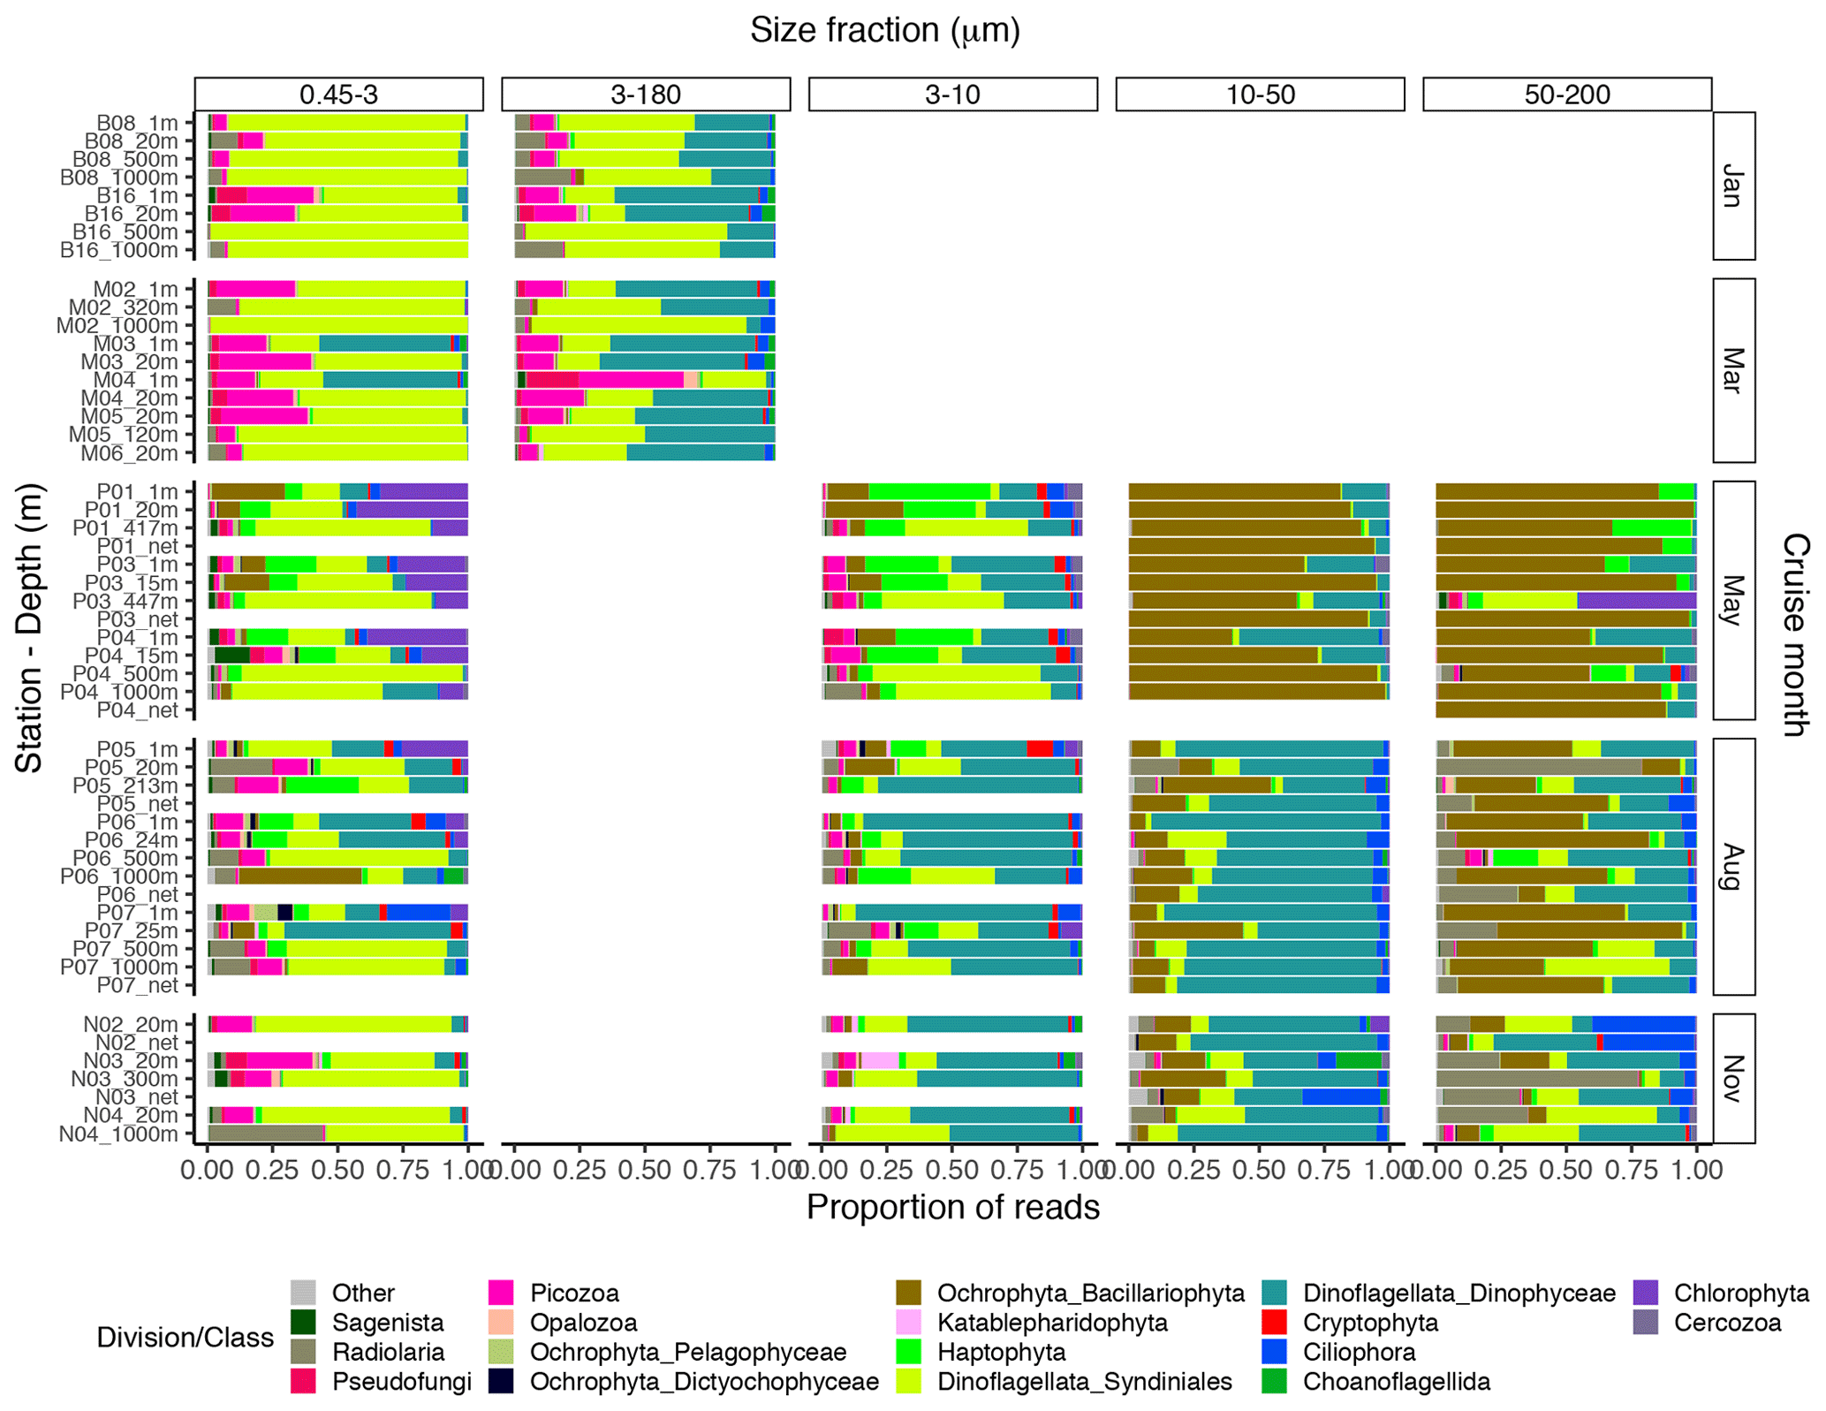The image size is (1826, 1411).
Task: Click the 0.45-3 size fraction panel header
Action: (338, 95)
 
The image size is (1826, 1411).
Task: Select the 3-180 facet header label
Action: (646, 95)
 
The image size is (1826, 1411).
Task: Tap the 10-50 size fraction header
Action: (1260, 95)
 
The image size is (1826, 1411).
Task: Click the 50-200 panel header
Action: (1567, 95)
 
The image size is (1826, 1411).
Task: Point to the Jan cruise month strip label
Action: (1733, 186)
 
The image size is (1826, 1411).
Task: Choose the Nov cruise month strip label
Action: (1733, 1078)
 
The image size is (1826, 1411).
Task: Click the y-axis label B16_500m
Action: (125, 231)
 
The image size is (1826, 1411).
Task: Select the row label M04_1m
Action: (136, 380)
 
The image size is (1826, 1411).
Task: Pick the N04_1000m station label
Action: (119, 1134)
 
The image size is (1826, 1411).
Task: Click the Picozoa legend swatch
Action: (501, 1293)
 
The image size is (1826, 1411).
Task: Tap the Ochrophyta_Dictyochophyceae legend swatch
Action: (501, 1381)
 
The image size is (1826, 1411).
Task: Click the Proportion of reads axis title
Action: (952, 1207)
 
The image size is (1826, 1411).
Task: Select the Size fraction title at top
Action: (885, 30)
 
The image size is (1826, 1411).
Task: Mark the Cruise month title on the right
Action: (1795, 634)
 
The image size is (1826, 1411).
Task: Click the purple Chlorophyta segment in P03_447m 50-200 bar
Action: (1636, 601)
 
